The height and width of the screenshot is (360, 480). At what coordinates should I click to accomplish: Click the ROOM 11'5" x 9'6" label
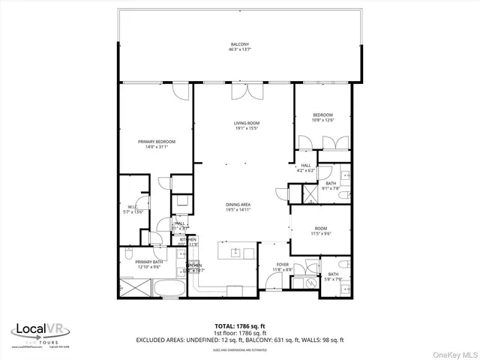coord(321,230)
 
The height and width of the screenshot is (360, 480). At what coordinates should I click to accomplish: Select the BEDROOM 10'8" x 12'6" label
coord(322,117)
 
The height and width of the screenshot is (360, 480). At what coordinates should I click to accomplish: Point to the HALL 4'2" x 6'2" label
coord(306,169)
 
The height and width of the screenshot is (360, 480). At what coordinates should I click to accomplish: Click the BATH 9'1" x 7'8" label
coord(331,186)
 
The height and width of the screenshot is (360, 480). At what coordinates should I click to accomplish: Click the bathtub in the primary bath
coord(173,288)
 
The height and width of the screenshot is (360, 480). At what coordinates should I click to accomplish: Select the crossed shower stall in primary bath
coord(134,288)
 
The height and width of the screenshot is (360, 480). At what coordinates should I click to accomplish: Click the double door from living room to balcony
coord(242,91)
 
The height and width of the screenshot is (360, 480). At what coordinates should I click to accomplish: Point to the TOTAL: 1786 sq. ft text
coord(239,326)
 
